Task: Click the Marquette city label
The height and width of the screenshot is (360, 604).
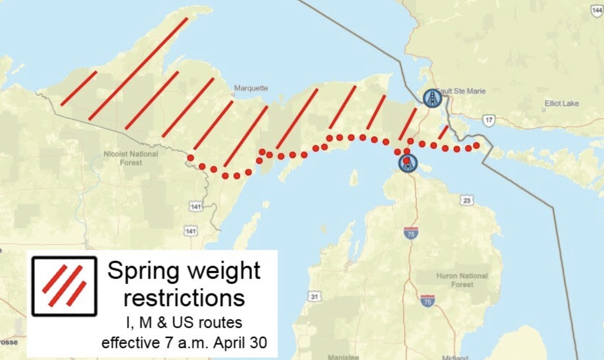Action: pos(251,88)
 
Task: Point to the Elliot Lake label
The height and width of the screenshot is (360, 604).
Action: pos(562,103)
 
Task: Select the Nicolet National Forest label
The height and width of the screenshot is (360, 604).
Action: pos(130,158)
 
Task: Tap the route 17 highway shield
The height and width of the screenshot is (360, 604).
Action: pos(489,120)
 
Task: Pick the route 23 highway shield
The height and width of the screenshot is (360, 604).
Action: pos(466,200)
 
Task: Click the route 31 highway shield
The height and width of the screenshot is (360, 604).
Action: pos(314,297)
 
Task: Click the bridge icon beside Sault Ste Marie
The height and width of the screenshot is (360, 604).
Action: pos(432,98)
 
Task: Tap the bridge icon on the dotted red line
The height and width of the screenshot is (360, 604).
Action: pos(408,163)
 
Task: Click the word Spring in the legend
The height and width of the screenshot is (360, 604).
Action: pos(140,271)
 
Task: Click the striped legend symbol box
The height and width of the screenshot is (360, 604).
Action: pos(64,286)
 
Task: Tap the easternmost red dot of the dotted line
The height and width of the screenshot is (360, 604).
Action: pos(476,145)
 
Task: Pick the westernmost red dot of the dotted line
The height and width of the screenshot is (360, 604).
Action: pos(190,158)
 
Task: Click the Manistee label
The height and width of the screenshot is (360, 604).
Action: pos(343,357)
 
